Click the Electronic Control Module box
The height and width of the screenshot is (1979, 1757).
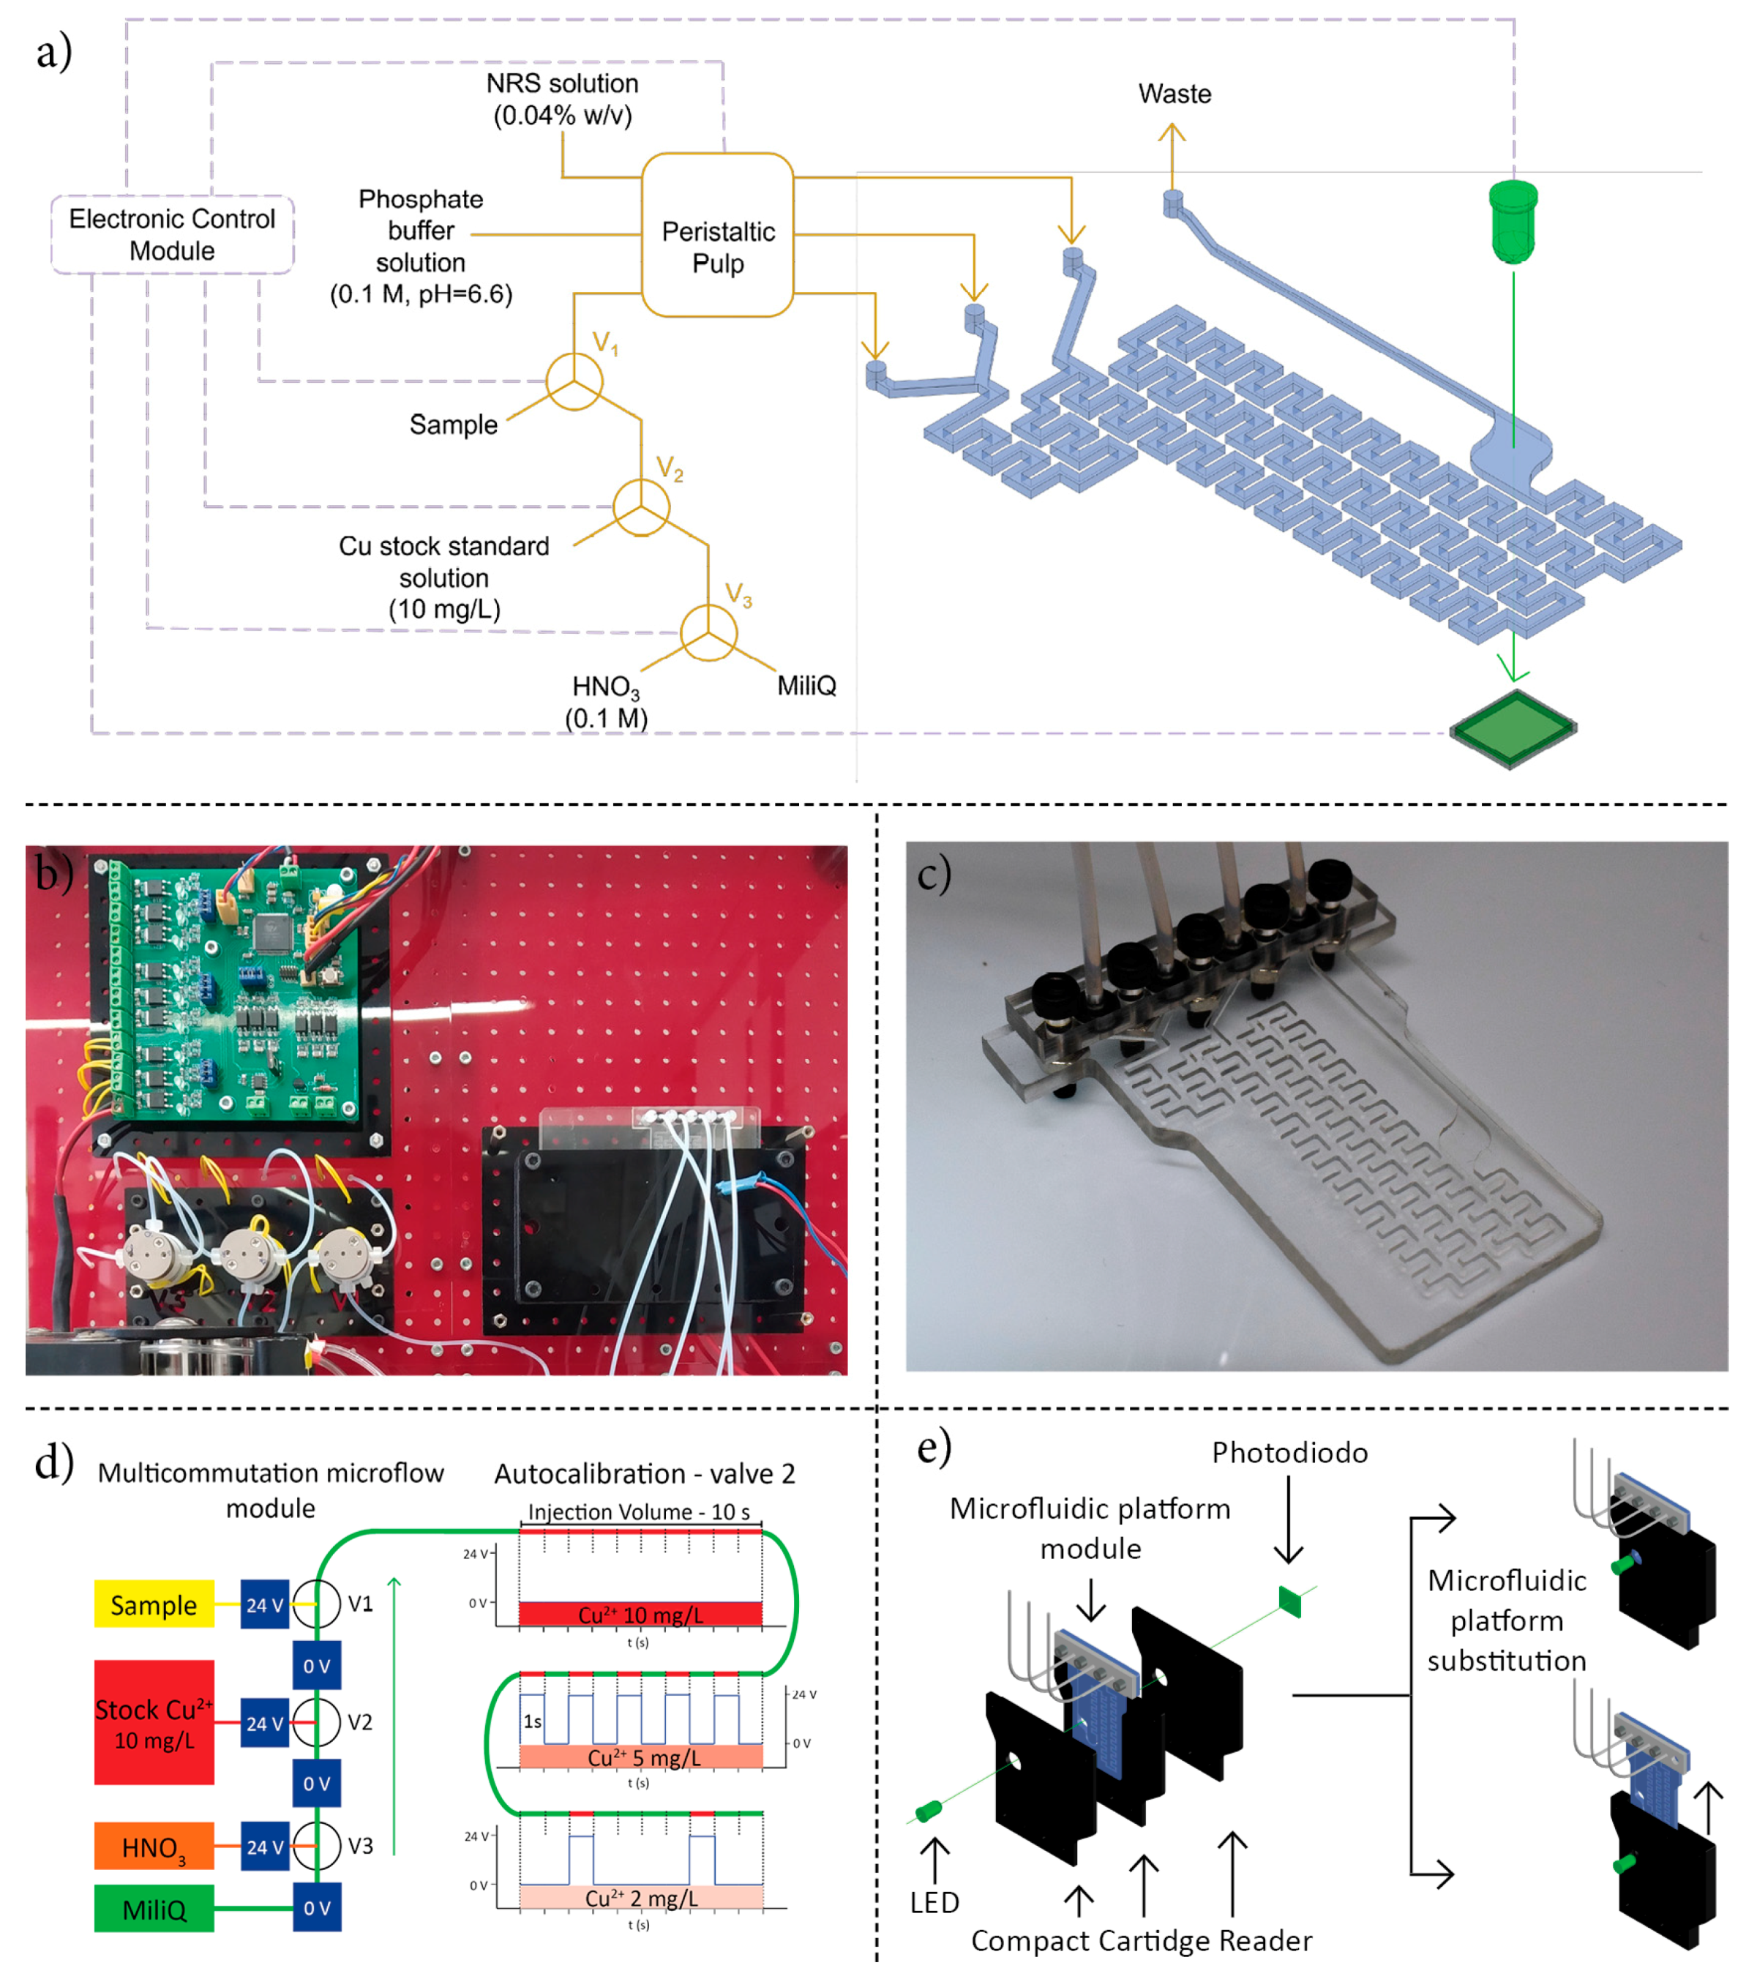172,234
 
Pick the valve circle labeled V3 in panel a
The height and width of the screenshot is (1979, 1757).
708,633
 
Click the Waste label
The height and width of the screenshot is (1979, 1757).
1175,94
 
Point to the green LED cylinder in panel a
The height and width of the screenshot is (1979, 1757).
1513,221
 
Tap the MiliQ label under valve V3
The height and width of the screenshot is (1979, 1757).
806,686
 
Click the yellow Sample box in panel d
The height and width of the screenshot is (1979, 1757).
154,1605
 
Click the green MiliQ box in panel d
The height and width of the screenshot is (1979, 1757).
154,1909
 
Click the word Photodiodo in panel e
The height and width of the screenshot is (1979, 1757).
1289,1452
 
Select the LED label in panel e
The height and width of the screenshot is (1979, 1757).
934,1902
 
